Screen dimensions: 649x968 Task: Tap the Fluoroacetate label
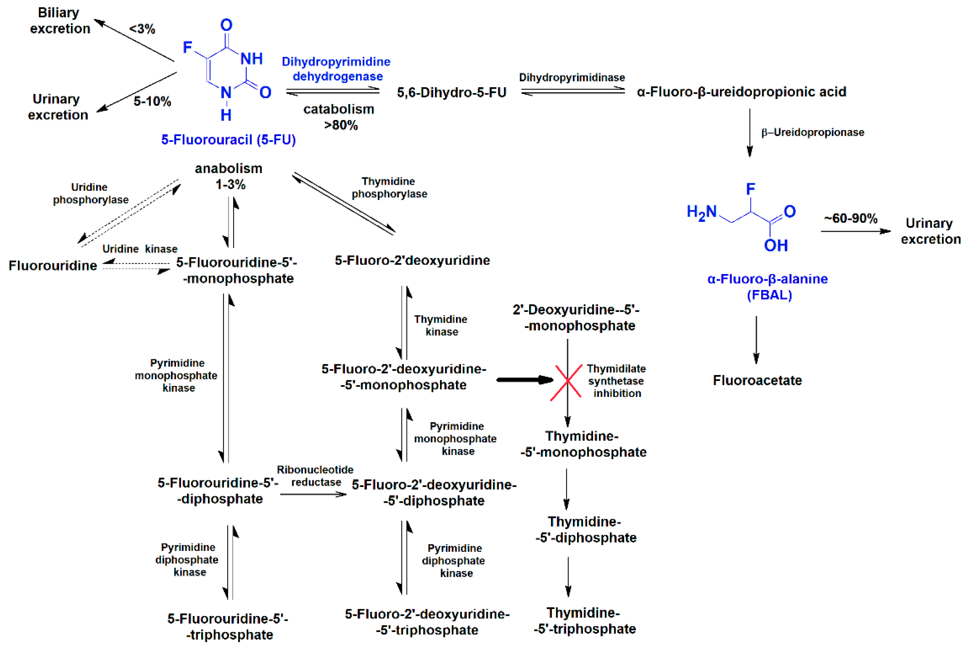757,380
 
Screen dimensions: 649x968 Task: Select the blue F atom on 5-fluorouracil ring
187,47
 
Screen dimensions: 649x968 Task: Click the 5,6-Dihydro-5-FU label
451,92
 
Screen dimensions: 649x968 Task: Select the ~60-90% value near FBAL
850,218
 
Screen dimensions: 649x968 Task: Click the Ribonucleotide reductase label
315,476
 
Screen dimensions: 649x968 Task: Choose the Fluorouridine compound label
53,265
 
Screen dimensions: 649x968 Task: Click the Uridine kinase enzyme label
140,249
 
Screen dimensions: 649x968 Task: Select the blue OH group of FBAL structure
775,245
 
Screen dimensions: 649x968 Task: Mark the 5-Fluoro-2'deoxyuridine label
412,260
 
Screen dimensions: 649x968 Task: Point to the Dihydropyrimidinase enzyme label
572,77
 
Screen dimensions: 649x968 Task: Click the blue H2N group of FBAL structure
701,212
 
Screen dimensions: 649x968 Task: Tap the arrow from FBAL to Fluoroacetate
756,340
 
